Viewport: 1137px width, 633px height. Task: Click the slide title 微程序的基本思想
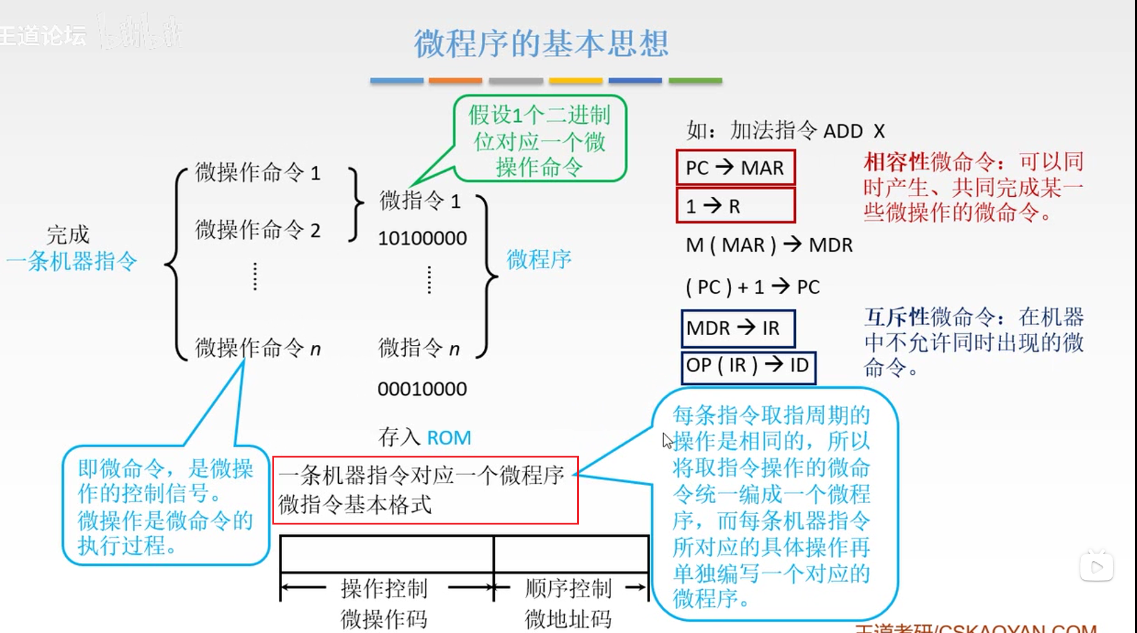541,44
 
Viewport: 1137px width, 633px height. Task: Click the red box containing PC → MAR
735,168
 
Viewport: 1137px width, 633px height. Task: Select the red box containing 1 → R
735,206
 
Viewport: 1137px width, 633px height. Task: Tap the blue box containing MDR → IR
737,328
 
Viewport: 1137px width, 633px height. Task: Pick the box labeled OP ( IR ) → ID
748,366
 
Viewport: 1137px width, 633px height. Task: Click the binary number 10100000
422,238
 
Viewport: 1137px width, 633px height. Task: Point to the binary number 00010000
422,389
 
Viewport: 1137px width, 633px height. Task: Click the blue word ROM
449,437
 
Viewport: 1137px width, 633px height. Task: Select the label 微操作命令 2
257,230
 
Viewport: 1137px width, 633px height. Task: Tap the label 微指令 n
419,348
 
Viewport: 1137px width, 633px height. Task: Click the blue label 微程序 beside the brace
539,260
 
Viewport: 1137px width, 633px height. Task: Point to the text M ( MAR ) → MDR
769,245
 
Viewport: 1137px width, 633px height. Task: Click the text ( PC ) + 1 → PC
753,286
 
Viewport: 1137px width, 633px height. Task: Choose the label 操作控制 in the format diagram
384,589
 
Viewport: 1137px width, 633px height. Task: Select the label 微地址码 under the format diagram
568,619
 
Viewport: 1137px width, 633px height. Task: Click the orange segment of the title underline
455,80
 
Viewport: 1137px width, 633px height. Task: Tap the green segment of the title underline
695,80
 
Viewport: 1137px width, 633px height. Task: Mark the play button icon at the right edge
1096,567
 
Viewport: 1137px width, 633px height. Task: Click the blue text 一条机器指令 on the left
72,261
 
